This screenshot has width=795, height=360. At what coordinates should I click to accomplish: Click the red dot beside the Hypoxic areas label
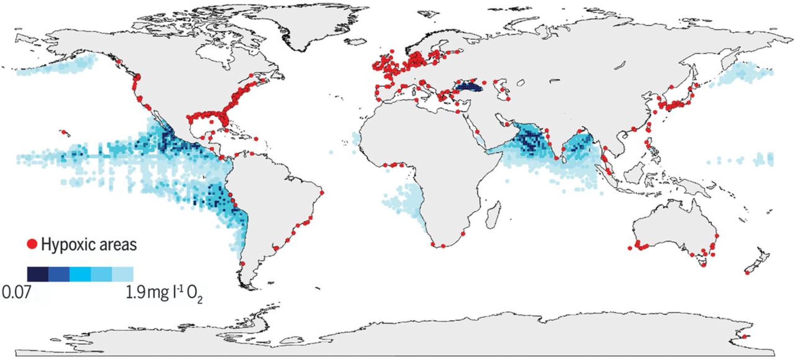point(32,244)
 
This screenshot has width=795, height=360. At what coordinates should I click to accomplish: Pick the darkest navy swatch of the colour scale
point(37,274)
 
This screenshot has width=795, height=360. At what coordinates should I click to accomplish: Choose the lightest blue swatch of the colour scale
point(122,274)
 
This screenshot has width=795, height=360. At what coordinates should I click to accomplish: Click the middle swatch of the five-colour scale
point(80,274)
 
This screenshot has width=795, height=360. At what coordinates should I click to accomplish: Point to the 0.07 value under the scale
point(16,293)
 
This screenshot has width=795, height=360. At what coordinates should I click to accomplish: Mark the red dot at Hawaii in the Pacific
point(63,132)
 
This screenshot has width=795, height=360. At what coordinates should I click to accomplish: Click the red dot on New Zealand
point(747,273)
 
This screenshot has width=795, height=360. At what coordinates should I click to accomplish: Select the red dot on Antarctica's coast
point(744,337)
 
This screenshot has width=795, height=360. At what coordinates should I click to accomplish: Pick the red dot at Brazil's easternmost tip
point(322,193)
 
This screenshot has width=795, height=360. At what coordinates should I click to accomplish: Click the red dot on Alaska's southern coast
point(118,62)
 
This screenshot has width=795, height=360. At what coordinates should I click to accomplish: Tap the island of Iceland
point(357,42)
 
